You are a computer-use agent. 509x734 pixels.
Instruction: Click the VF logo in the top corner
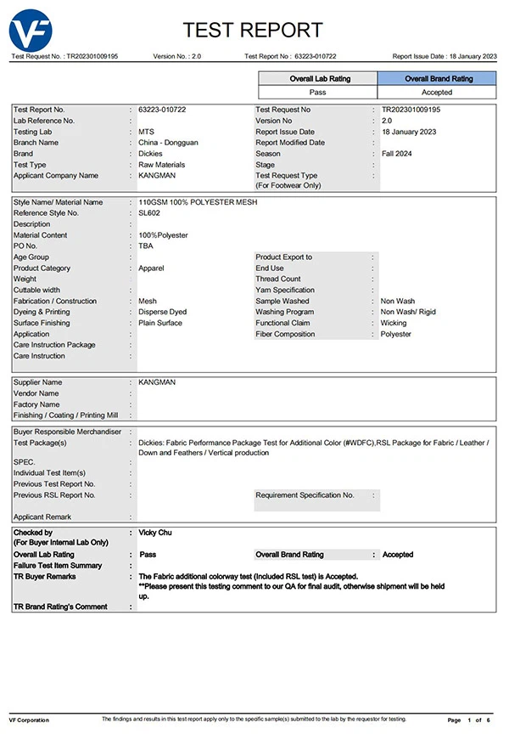pyautogui.click(x=30, y=31)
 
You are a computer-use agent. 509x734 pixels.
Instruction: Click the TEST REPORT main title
pyautogui.click(x=254, y=31)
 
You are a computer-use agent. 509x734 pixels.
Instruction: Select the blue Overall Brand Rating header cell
pyautogui.click(x=439, y=78)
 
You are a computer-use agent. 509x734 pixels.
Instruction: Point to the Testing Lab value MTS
pyautogui.click(x=146, y=132)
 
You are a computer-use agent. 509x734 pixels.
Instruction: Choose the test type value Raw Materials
pyautogui.click(x=161, y=165)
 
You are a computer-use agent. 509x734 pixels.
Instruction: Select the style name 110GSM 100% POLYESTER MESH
pyautogui.click(x=198, y=202)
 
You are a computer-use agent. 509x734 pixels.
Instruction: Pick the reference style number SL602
pyautogui.click(x=149, y=213)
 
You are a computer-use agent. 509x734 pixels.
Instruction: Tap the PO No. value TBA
pyautogui.click(x=146, y=246)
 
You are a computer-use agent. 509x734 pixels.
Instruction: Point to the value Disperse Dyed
pyautogui.click(x=162, y=312)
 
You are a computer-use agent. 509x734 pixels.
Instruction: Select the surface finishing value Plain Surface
pyautogui.click(x=160, y=323)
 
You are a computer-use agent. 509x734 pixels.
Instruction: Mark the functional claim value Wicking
pyautogui.click(x=394, y=323)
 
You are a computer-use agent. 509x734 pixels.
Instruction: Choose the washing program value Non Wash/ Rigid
pyautogui.click(x=408, y=312)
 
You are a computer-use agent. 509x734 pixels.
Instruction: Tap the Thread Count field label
pyautogui.click(x=278, y=279)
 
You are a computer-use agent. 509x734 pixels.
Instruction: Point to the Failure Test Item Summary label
pyautogui.click(x=58, y=566)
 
